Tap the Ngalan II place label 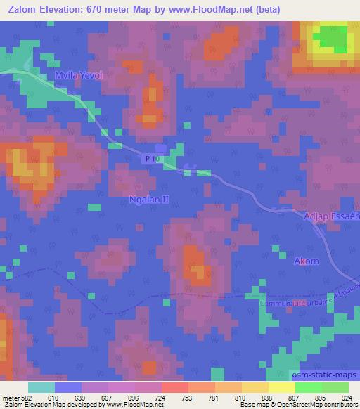pos(149,200)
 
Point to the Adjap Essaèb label pos(331,217)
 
